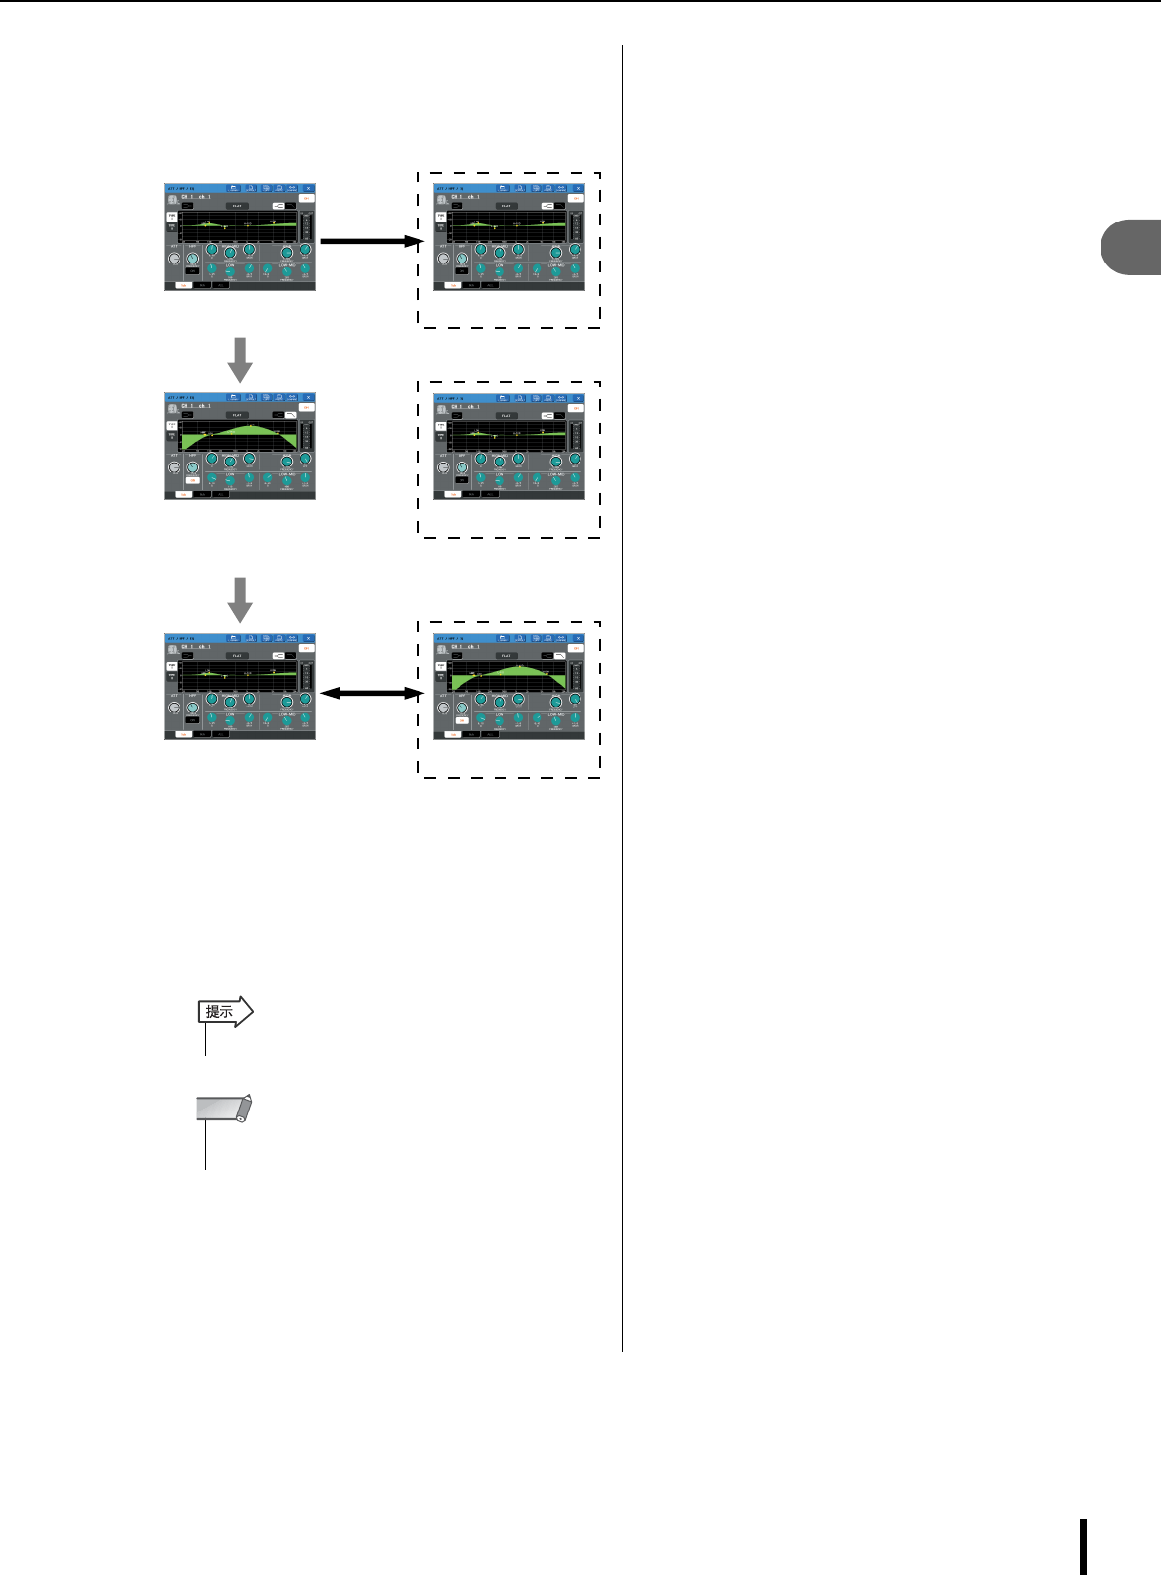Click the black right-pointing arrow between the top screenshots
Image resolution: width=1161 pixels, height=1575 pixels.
tap(370, 241)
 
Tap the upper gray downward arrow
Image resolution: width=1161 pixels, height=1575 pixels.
tap(240, 359)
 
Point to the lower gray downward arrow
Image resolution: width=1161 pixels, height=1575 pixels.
tap(240, 599)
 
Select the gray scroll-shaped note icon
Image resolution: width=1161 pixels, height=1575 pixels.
tap(223, 1110)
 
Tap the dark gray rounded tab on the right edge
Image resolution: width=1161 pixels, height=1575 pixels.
tap(1132, 249)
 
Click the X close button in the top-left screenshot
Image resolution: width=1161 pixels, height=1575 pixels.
tap(308, 188)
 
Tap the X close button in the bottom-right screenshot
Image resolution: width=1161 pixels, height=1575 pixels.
tap(578, 638)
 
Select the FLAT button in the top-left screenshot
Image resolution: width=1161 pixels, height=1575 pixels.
tap(237, 206)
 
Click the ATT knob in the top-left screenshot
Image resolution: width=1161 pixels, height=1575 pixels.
tap(174, 260)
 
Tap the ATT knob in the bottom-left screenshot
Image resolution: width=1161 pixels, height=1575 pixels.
tap(174, 708)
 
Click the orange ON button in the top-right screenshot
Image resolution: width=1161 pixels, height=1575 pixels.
tap(576, 198)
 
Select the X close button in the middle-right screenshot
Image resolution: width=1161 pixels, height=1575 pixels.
tap(578, 398)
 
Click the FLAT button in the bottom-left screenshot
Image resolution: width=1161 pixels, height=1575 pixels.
tap(237, 655)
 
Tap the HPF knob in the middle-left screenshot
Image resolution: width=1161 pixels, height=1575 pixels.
tap(192, 468)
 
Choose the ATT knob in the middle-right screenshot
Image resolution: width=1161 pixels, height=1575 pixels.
tap(444, 468)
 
